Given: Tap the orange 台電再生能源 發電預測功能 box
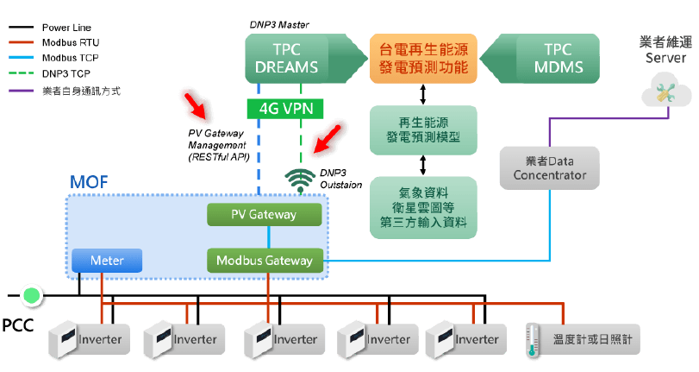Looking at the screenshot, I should (x=423, y=59).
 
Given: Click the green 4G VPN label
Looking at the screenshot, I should (x=285, y=109).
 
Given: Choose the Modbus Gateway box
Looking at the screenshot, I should (x=264, y=260).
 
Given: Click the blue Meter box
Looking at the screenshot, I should (x=105, y=260).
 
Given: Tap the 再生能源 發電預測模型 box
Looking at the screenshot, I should (x=423, y=129).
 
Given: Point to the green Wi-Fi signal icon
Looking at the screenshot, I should (x=300, y=176).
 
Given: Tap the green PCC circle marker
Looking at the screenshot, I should (x=32, y=296).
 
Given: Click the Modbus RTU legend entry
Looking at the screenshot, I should (x=63, y=41).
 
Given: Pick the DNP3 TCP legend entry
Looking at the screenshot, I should (x=62, y=74).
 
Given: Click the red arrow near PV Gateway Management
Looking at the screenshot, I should (x=196, y=106).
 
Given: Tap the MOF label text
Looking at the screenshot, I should (x=89, y=184).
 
